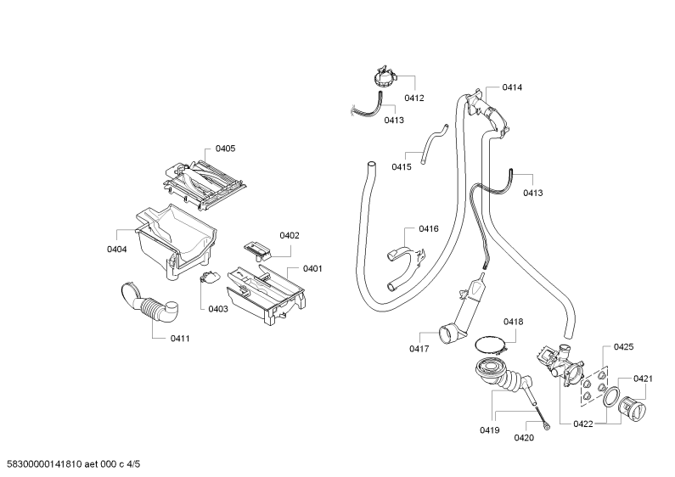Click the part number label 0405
pyautogui.click(x=225, y=149)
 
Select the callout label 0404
pyautogui.click(x=116, y=250)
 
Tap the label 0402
pyautogui.click(x=290, y=235)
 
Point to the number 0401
pyautogui.click(x=312, y=269)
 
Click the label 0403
pyautogui.click(x=218, y=309)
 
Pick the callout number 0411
pyautogui.click(x=180, y=339)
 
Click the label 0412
pyautogui.click(x=414, y=98)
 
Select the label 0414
pyautogui.click(x=512, y=87)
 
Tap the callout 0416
pyautogui.click(x=429, y=228)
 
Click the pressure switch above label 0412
pyautogui.click(x=385, y=76)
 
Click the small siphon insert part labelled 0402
pyautogui.click(x=258, y=250)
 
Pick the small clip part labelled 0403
pyautogui.click(x=208, y=277)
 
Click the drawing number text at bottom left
pyautogui.click(x=70, y=464)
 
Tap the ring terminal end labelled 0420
pyautogui.click(x=546, y=427)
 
